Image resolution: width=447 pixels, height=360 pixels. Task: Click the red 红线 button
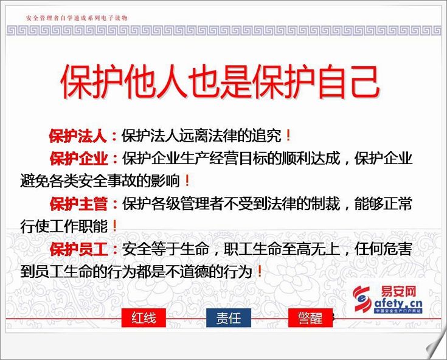tap(144, 317)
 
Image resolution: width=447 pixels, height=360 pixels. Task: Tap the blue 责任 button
tap(229, 317)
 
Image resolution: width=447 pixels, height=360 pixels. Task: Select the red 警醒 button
tap(310, 317)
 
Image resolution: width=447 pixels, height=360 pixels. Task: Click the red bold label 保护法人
tap(78, 136)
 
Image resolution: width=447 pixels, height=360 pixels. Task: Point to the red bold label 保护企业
tap(78, 159)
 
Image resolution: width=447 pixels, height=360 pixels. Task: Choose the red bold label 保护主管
tap(78, 204)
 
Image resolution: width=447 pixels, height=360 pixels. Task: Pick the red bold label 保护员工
tap(78, 249)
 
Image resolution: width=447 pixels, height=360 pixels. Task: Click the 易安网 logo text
tap(398, 291)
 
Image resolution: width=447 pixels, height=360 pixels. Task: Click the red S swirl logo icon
tap(362, 299)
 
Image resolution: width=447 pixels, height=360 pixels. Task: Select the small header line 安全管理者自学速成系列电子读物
tap(77, 18)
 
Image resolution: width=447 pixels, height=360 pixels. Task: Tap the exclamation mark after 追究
tap(288, 136)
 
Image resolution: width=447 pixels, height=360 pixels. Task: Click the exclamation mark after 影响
tap(187, 181)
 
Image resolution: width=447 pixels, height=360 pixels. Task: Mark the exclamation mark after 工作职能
tap(114, 226)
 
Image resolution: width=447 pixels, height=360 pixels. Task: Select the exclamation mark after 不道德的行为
tap(260, 271)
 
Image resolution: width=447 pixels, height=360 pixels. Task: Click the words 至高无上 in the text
tap(311, 249)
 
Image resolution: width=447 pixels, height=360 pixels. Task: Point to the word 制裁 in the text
tap(325, 204)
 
